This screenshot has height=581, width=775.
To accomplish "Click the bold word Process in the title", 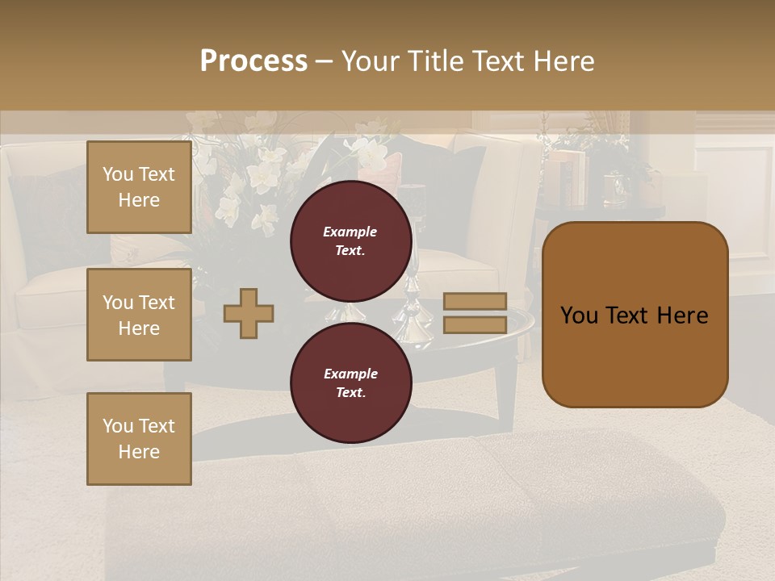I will pos(253,61).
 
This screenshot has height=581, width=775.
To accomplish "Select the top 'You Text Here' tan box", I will pos(139,187).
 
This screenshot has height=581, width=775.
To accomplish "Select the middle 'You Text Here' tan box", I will pos(139,315).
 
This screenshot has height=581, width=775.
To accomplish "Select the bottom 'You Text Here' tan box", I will pos(139,438).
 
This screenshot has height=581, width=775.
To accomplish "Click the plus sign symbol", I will pos(249,313).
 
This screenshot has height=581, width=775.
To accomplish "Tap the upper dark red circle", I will pos(350,241).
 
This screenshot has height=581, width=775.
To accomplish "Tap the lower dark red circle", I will pos(350,383).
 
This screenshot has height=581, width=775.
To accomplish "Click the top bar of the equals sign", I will pos(475,302).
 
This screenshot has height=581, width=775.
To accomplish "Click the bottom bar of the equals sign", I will pos(475,324).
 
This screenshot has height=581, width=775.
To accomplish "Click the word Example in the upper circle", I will pos(350,232).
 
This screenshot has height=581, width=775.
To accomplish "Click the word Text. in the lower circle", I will pos(350,393).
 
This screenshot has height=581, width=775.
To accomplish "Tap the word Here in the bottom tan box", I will pos(139,452).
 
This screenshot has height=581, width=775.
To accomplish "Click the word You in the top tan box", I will pos(118,174).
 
